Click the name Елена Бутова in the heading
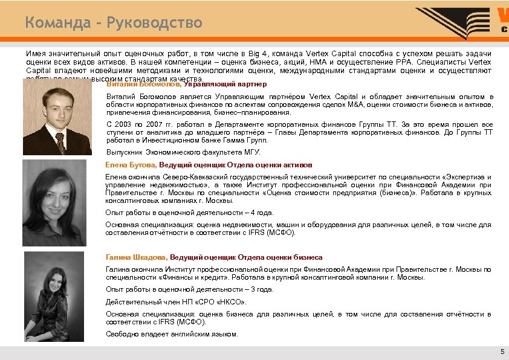(x=131, y=164)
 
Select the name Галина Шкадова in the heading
(x=136, y=257)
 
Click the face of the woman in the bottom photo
(x=56, y=278)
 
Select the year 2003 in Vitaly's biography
(x=122, y=124)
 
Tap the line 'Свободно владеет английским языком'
(x=172, y=334)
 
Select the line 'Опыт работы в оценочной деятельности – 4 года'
(x=189, y=213)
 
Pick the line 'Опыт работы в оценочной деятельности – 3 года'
(x=189, y=289)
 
